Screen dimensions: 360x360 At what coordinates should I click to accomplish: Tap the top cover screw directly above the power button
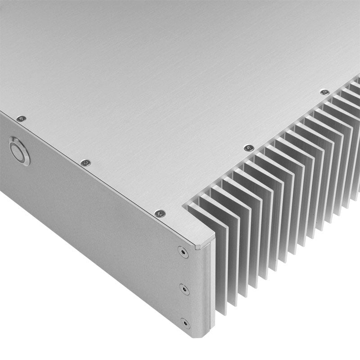pos(21,119)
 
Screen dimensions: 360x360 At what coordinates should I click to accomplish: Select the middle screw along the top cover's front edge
pos(85,162)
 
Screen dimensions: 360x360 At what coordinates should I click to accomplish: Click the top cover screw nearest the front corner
pos(159,213)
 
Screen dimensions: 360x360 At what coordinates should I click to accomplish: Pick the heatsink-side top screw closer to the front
pos(249,148)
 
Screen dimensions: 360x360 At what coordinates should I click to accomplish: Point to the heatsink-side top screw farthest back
pos(324,92)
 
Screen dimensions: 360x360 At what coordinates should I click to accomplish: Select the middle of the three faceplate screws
pos(184,288)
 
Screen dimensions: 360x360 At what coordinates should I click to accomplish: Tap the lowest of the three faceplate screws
pos(184,324)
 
